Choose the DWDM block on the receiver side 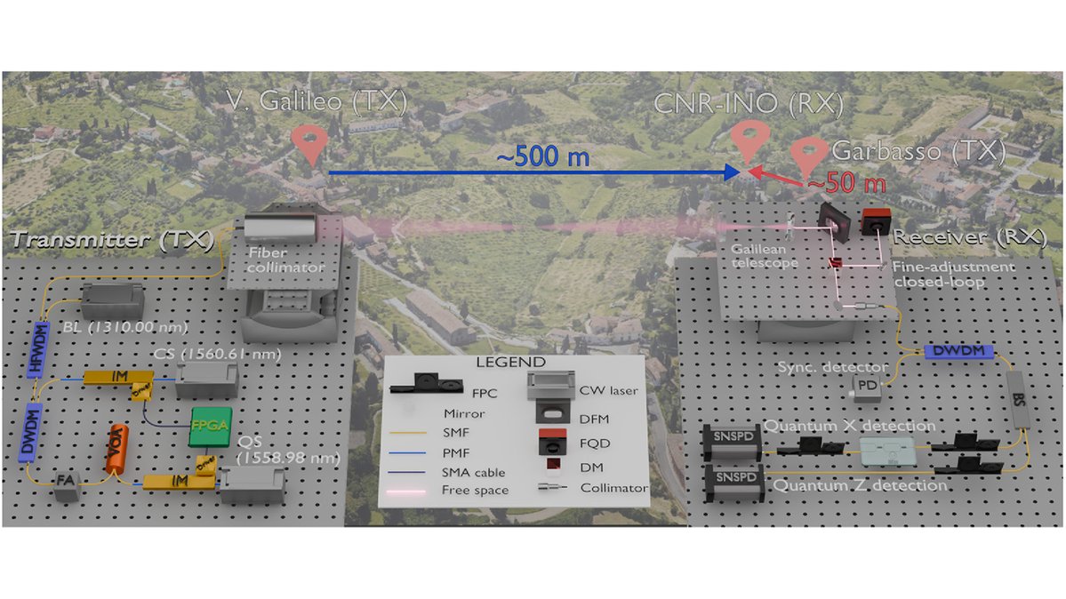(x=950, y=352)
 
